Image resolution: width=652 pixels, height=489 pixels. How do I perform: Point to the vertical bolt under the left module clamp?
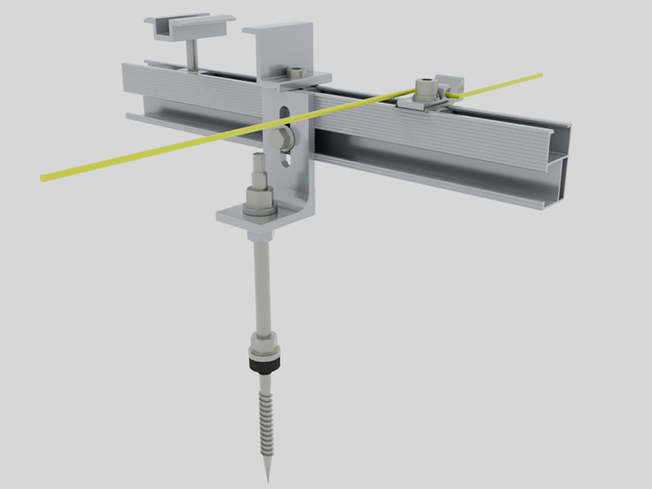(191, 55)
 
